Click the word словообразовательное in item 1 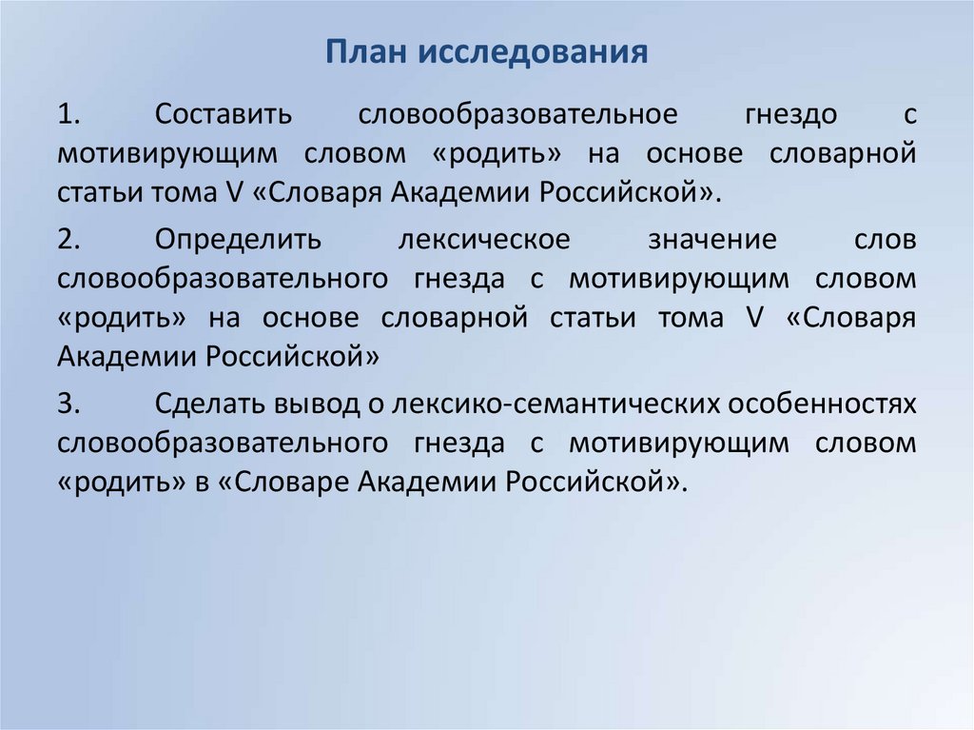(518, 115)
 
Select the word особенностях (823, 404)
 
